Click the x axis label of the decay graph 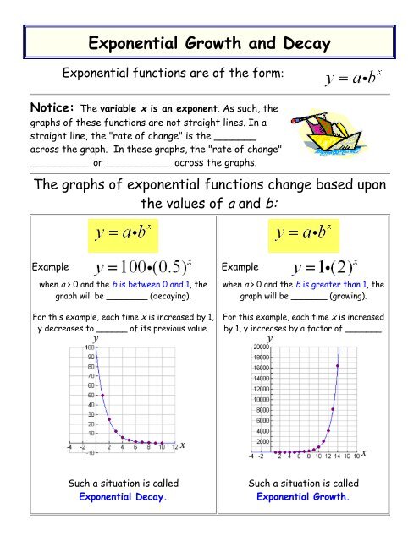click(183, 445)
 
